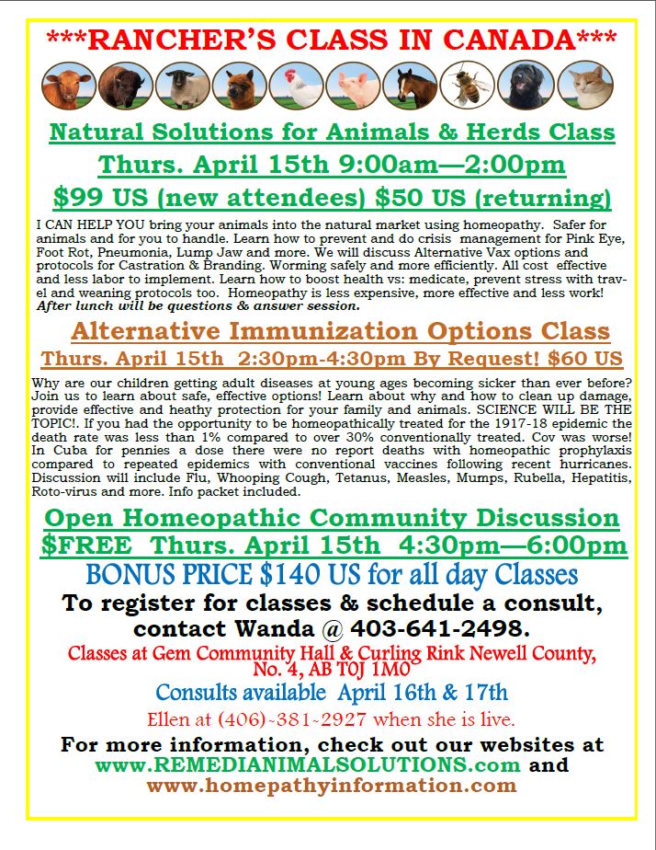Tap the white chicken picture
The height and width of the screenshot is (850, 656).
click(297, 85)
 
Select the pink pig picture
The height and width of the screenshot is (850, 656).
click(354, 85)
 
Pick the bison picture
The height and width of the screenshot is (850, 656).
click(126, 85)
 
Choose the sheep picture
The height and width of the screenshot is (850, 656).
click(183, 85)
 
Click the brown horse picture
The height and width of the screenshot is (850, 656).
click(411, 85)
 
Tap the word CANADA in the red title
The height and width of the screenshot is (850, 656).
click(502, 40)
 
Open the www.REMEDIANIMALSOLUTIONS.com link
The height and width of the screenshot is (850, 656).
click(308, 764)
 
